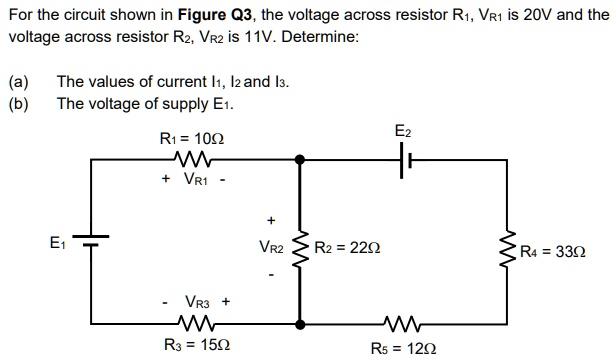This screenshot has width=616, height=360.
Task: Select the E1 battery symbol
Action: click(x=92, y=241)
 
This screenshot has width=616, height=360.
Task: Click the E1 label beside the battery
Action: click(x=60, y=240)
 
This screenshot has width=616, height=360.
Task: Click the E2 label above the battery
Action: click(x=402, y=131)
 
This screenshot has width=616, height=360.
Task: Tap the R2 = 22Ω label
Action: click(x=346, y=247)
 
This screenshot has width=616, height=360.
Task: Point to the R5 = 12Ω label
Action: click(x=403, y=346)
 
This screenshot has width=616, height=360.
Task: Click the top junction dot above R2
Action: click(x=299, y=158)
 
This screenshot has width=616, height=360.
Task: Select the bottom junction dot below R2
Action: click(x=299, y=322)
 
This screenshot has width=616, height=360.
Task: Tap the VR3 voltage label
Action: click(x=198, y=300)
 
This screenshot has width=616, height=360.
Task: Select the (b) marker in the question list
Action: click(x=18, y=103)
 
